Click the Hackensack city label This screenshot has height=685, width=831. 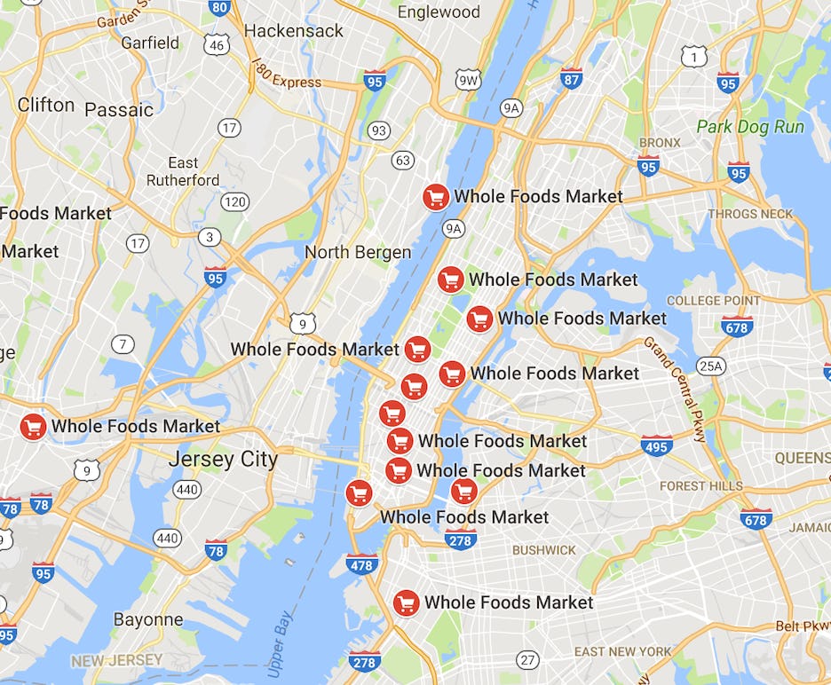293,30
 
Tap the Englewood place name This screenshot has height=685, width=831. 439,12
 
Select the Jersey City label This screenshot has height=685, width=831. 223,459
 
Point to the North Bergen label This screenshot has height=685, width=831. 358,252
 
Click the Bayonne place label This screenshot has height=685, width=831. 148,619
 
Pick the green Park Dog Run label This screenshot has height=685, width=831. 750,126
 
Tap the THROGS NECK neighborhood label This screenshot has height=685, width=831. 750,214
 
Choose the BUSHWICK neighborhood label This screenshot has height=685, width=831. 543,550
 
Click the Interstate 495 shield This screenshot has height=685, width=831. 656,445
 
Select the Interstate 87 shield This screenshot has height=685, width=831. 572,78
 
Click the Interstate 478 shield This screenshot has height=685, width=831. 361,563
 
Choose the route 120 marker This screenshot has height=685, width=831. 234,202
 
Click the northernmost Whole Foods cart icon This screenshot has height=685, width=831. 435,197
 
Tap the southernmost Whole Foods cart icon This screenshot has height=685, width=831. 406,603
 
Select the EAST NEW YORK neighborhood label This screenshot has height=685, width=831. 622,651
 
